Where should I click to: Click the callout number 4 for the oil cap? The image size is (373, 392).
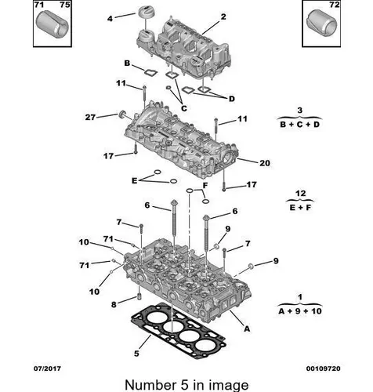[110, 19]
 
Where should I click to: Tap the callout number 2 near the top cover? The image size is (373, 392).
[223, 16]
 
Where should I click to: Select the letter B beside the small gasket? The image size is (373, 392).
[127, 64]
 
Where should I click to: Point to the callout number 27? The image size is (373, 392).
[90, 118]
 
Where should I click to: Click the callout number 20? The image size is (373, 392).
[265, 163]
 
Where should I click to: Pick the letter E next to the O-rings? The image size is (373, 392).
[134, 180]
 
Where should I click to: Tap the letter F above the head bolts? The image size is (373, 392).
[205, 186]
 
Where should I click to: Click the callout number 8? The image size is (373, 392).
[114, 304]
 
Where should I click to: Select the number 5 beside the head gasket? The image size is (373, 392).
[136, 354]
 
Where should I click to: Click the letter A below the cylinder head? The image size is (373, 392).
[247, 328]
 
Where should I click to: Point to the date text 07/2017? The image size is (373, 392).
[47, 368]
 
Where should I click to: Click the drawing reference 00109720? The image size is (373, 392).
[324, 368]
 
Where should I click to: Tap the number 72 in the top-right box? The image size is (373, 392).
[334, 5]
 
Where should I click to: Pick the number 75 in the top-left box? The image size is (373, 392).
[65, 5]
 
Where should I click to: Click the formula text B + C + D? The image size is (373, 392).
[299, 125]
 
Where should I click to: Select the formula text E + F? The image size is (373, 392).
[300, 208]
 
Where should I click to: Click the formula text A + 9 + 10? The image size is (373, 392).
[300, 311]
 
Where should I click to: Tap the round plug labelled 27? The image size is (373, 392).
[122, 114]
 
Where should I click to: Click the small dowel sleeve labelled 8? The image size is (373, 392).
[139, 297]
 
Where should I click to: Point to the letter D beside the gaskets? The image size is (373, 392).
[232, 99]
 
